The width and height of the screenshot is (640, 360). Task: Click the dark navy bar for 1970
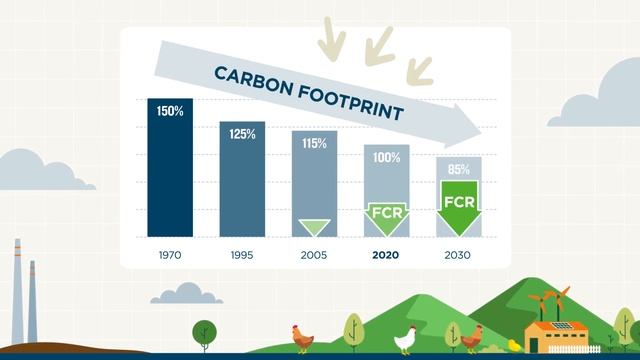[170, 175]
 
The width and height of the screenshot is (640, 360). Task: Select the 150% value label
[170, 111]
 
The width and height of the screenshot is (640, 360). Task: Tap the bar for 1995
[241, 185]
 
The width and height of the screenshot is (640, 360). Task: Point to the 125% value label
[241, 133]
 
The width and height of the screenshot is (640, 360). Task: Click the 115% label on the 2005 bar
[314, 143]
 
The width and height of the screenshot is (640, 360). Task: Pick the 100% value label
[387, 157]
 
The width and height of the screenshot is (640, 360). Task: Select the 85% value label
[459, 169]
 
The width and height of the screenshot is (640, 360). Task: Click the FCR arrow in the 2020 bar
[387, 216]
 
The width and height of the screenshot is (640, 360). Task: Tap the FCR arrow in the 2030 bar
[459, 204]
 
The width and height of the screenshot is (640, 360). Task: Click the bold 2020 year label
[386, 255]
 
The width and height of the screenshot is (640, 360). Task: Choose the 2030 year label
[458, 255]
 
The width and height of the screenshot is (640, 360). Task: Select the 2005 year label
[314, 255]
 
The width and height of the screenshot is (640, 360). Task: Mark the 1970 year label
[170, 255]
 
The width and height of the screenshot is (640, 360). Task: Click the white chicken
[406, 338]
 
